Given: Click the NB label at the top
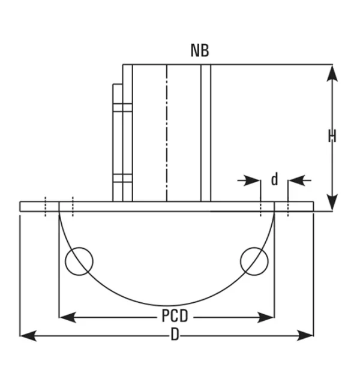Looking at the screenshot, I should tap(200, 50).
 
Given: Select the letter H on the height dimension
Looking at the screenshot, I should tap(332, 137).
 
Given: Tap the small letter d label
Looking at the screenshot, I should tap(274, 179).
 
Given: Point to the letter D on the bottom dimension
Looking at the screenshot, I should tap(175, 335).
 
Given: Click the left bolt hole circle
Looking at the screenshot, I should tap(79, 262).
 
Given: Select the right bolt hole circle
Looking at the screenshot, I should tap(254, 262).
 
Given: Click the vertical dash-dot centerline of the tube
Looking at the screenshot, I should tap(167, 132).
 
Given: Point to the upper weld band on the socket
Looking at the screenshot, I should tap(122, 107).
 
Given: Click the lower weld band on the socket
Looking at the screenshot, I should tap(122, 178).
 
